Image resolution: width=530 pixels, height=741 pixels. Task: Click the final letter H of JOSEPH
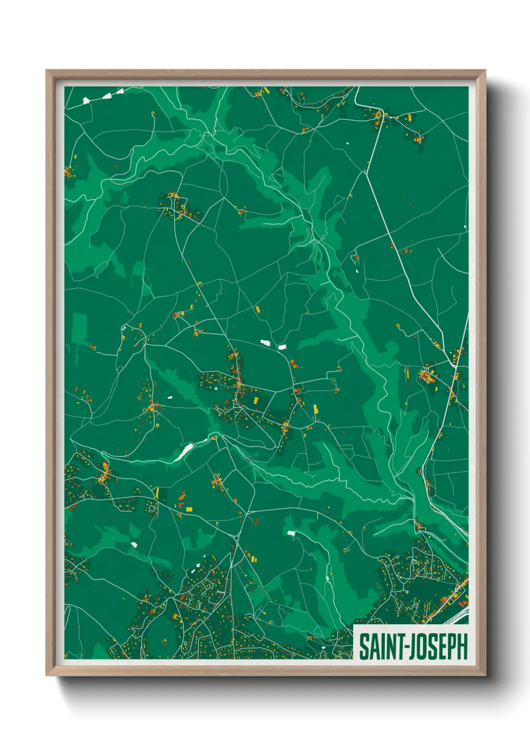(462, 646)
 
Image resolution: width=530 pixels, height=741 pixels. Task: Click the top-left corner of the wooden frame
(47, 71)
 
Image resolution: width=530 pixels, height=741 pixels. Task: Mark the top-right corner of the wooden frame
(485, 71)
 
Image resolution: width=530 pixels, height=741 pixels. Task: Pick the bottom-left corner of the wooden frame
(47, 675)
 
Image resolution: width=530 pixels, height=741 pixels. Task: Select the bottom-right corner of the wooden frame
(485, 675)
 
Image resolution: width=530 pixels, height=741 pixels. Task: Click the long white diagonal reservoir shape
(183, 452)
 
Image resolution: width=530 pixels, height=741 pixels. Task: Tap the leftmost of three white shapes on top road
(86, 101)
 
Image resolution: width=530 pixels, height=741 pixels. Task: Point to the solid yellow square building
(189, 509)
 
